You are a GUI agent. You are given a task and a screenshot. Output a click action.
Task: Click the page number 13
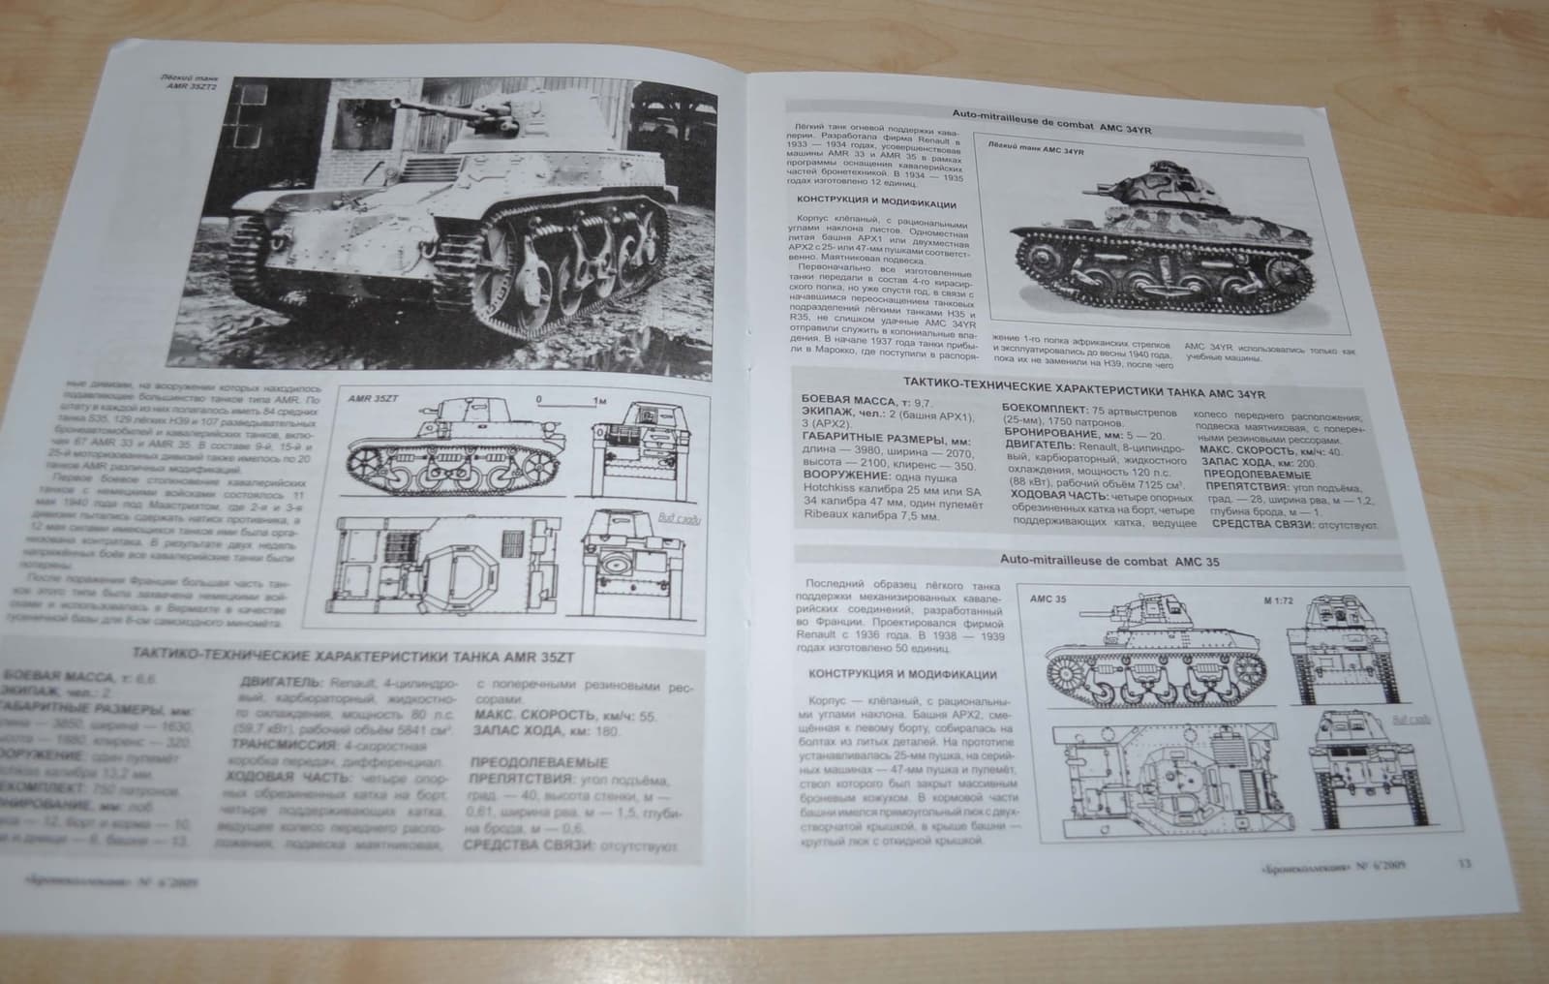click(1464, 836)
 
